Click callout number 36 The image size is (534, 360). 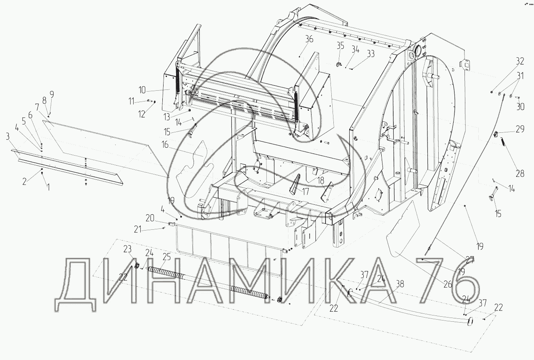309,40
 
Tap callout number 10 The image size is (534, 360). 142,90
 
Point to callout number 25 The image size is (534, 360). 167,257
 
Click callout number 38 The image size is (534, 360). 400,284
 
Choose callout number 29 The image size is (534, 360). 520,129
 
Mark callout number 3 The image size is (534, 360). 7,137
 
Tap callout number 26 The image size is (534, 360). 448,284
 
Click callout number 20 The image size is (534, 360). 150,218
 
